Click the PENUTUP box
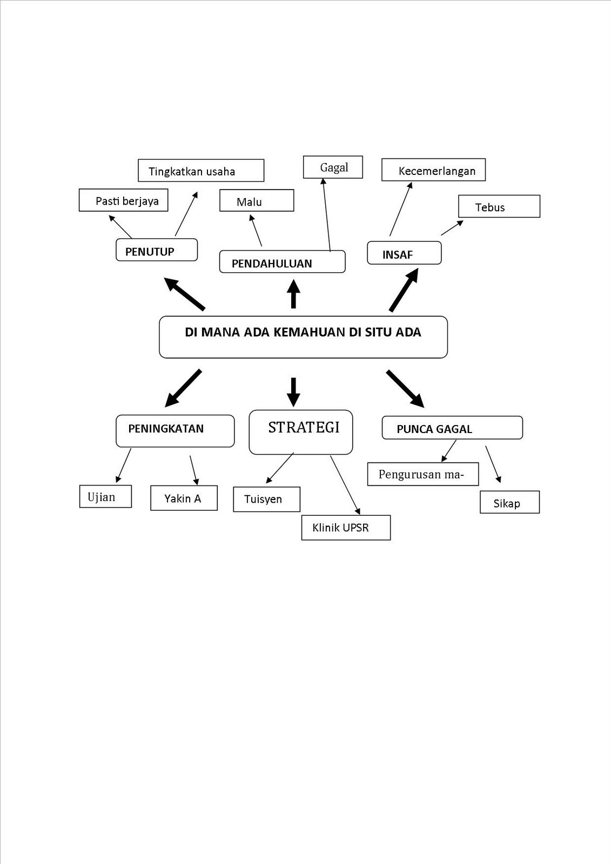(x=157, y=250)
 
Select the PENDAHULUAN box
(x=282, y=262)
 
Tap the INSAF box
(x=404, y=253)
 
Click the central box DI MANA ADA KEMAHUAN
(x=303, y=337)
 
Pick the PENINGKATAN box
(x=175, y=430)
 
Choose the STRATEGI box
(x=301, y=432)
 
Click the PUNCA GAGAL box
(x=452, y=428)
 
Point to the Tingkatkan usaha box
(x=201, y=171)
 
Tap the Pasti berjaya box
(x=123, y=200)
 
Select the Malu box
(x=257, y=200)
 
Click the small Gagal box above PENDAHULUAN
(x=333, y=167)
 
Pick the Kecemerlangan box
(x=433, y=170)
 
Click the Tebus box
(x=499, y=206)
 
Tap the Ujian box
(x=105, y=497)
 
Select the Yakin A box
(x=184, y=498)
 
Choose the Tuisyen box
(x=266, y=499)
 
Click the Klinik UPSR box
(x=346, y=528)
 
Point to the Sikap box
(x=509, y=502)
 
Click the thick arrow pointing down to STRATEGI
(x=293, y=391)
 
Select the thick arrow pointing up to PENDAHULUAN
(x=293, y=294)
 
